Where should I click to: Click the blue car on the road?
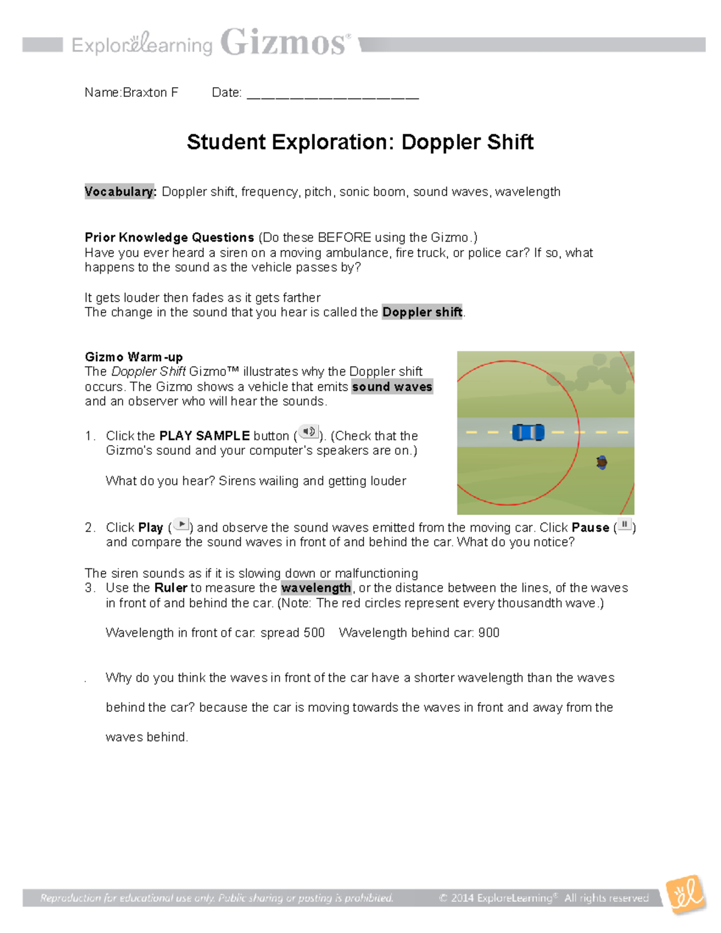point(528,432)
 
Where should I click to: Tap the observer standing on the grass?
point(601,462)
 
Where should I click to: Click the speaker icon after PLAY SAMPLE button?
point(309,432)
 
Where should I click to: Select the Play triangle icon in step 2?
point(181,524)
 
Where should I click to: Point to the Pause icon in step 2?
point(624,524)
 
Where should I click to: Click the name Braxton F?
point(150,93)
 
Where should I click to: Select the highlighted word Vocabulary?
point(120,192)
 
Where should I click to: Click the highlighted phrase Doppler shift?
point(422,312)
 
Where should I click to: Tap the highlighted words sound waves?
point(392,387)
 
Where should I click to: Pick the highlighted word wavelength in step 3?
point(316,588)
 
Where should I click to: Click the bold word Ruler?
point(171,588)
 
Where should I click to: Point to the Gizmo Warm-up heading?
point(133,357)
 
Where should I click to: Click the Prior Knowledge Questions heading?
point(169,237)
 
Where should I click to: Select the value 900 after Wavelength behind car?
point(488,633)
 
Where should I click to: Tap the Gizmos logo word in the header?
point(284,43)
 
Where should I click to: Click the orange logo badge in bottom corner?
point(686,894)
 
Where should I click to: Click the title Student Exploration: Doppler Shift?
point(360,142)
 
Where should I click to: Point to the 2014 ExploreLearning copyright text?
point(544,898)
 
